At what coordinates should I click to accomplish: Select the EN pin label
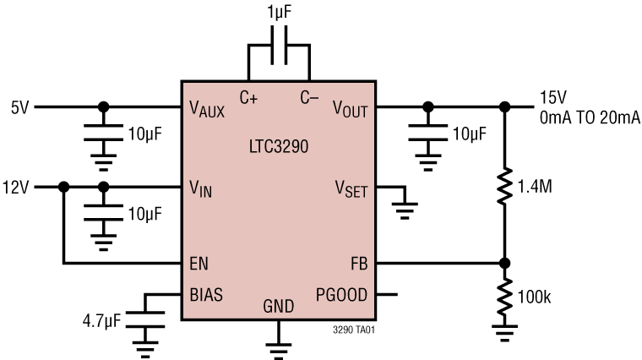[x=200, y=263]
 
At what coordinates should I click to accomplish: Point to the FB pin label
[x=359, y=263]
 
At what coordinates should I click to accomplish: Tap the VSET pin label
[x=351, y=189]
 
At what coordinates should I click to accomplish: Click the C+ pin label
[x=249, y=97]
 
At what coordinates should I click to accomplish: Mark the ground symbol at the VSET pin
[x=406, y=206]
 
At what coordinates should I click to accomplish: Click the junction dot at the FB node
[x=505, y=263]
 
